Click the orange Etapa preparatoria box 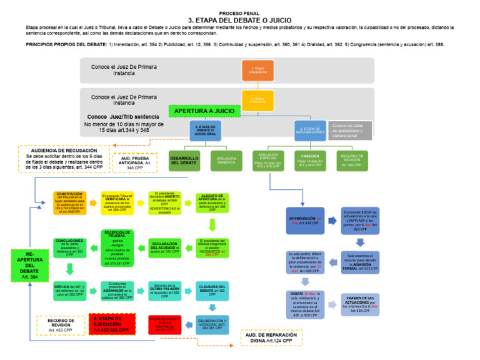257,70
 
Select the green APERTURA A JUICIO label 204,111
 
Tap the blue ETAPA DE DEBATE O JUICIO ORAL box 204,130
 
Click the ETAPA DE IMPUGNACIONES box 310,130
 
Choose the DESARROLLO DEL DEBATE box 184,161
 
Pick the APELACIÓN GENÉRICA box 226,161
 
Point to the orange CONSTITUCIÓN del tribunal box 70,203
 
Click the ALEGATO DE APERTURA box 213,203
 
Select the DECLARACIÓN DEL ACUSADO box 164,247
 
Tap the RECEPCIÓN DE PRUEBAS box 116,247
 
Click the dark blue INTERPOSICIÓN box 306,221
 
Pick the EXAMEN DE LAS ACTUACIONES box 361,304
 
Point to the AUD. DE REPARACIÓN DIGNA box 271,338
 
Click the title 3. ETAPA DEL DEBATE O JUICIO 239,19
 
